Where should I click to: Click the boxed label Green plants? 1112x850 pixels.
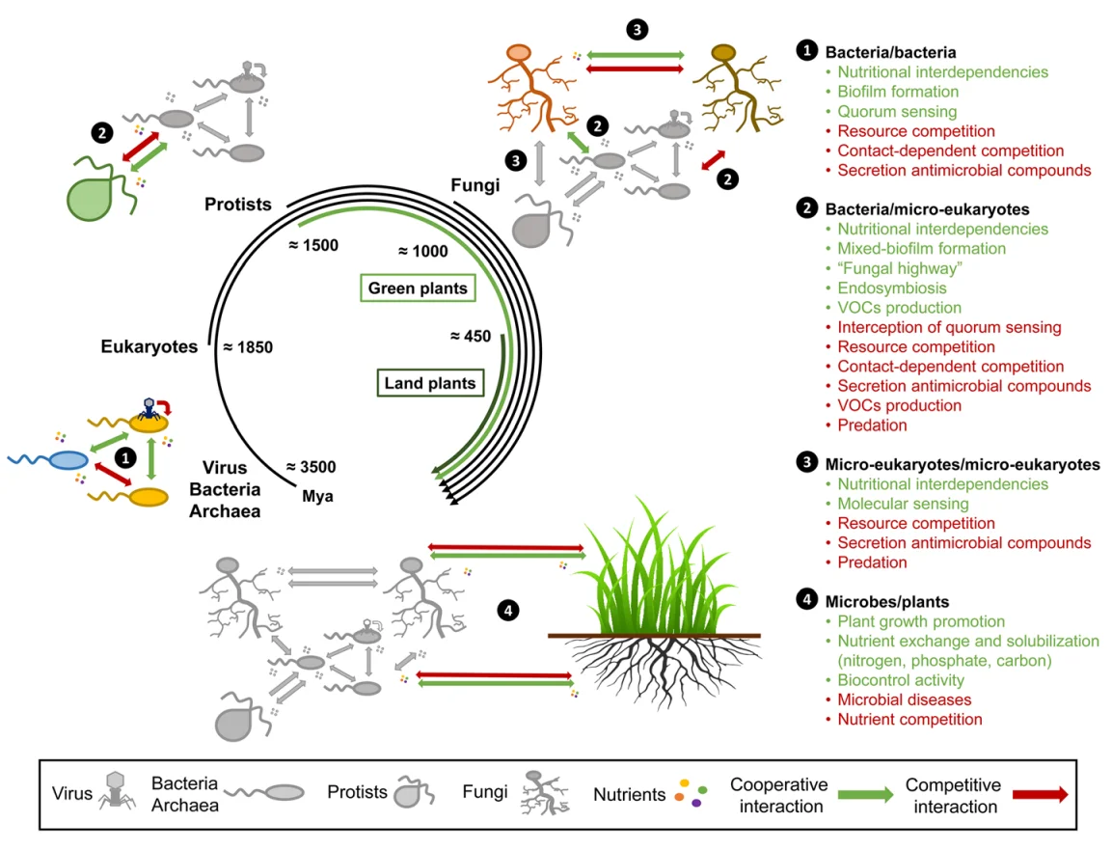(x=418, y=288)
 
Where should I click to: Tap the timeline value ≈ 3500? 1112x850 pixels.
(x=311, y=467)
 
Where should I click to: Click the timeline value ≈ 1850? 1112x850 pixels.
(x=248, y=345)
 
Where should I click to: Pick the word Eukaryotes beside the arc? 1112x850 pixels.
(x=149, y=345)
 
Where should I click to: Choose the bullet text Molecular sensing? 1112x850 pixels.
(x=903, y=504)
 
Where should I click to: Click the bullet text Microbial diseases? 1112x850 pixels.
(x=904, y=699)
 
